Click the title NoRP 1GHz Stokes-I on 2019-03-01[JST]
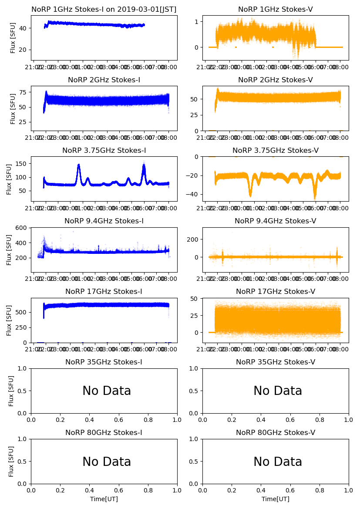(x=104, y=10)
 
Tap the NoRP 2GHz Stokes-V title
(x=275, y=80)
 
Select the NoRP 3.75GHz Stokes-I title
(x=104, y=151)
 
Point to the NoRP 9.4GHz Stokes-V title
(x=275, y=221)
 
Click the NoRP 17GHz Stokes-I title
(x=104, y=292)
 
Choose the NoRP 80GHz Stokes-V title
(x=275, y=433)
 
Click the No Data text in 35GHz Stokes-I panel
(x=107, y=391)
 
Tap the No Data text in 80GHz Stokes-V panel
(x=278, y=462)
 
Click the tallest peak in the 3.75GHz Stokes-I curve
(x=144, y=163)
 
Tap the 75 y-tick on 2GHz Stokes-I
(x=24, y=92)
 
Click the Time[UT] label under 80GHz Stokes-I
(x=104, y=499)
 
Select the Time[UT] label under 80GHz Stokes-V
(x=275, y=499)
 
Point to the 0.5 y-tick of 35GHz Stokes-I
(x=23, y=391)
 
